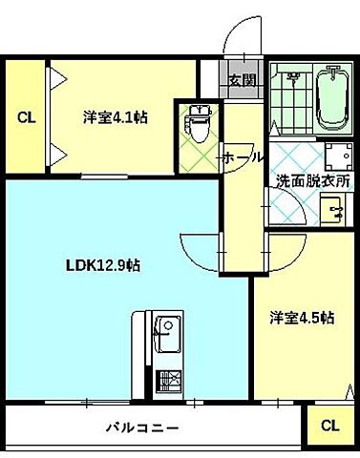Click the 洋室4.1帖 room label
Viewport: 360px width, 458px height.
114,118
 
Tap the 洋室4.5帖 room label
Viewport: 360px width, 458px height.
301,317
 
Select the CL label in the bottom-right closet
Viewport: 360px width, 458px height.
328,426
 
